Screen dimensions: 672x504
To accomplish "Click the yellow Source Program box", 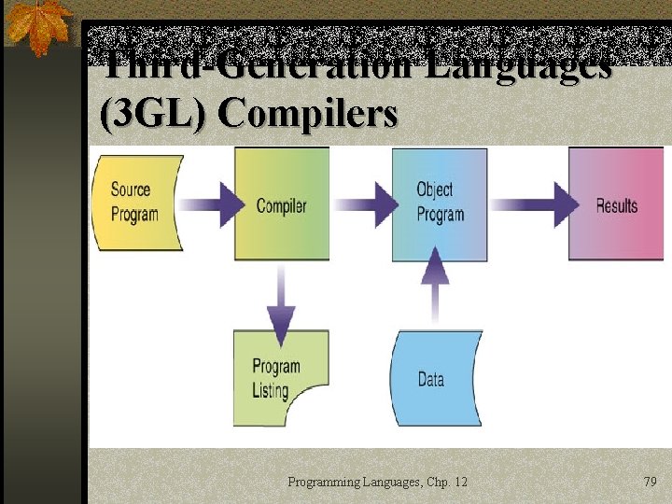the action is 135,203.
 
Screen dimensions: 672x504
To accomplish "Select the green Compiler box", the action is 282,204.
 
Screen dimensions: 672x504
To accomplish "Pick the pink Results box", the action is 616,204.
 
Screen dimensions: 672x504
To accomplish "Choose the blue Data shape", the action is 435,379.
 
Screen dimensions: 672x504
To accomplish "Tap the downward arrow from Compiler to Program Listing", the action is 277,299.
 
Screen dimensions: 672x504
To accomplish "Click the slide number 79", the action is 650,482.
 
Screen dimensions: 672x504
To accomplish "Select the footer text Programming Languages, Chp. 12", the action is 377,482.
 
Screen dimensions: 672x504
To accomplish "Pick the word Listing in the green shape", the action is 270,390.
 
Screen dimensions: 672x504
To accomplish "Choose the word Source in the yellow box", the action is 131,189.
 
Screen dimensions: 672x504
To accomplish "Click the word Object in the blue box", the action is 435,189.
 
